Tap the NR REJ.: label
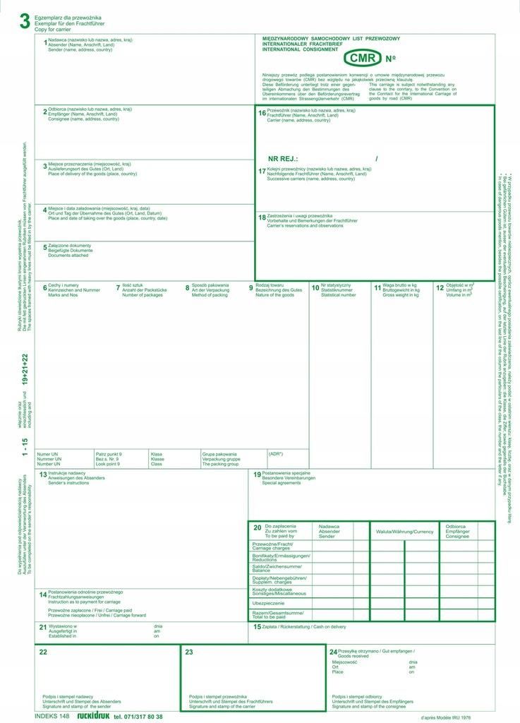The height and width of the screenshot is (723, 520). (283, 160)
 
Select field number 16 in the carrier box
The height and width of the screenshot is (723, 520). (262, 113)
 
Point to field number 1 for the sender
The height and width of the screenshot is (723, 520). (44, 43)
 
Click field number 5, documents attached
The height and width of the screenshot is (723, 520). (44, 247)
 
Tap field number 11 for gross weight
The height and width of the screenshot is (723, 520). (377, 287)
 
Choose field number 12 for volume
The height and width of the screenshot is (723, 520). (440, 287)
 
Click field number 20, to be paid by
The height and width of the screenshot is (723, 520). (257, 527)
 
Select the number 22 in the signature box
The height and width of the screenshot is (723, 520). (43, 652)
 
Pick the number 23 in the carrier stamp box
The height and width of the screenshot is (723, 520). (189, 652)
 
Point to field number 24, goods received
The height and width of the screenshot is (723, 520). (333, 652)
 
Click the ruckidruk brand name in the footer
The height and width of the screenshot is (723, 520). (93, 716)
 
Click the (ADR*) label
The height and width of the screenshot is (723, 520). (276, 453)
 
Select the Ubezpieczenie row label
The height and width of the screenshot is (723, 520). (268, 603)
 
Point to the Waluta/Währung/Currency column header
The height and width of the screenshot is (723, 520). (404, 531)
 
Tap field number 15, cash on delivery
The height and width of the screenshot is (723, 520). (258, 626)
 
